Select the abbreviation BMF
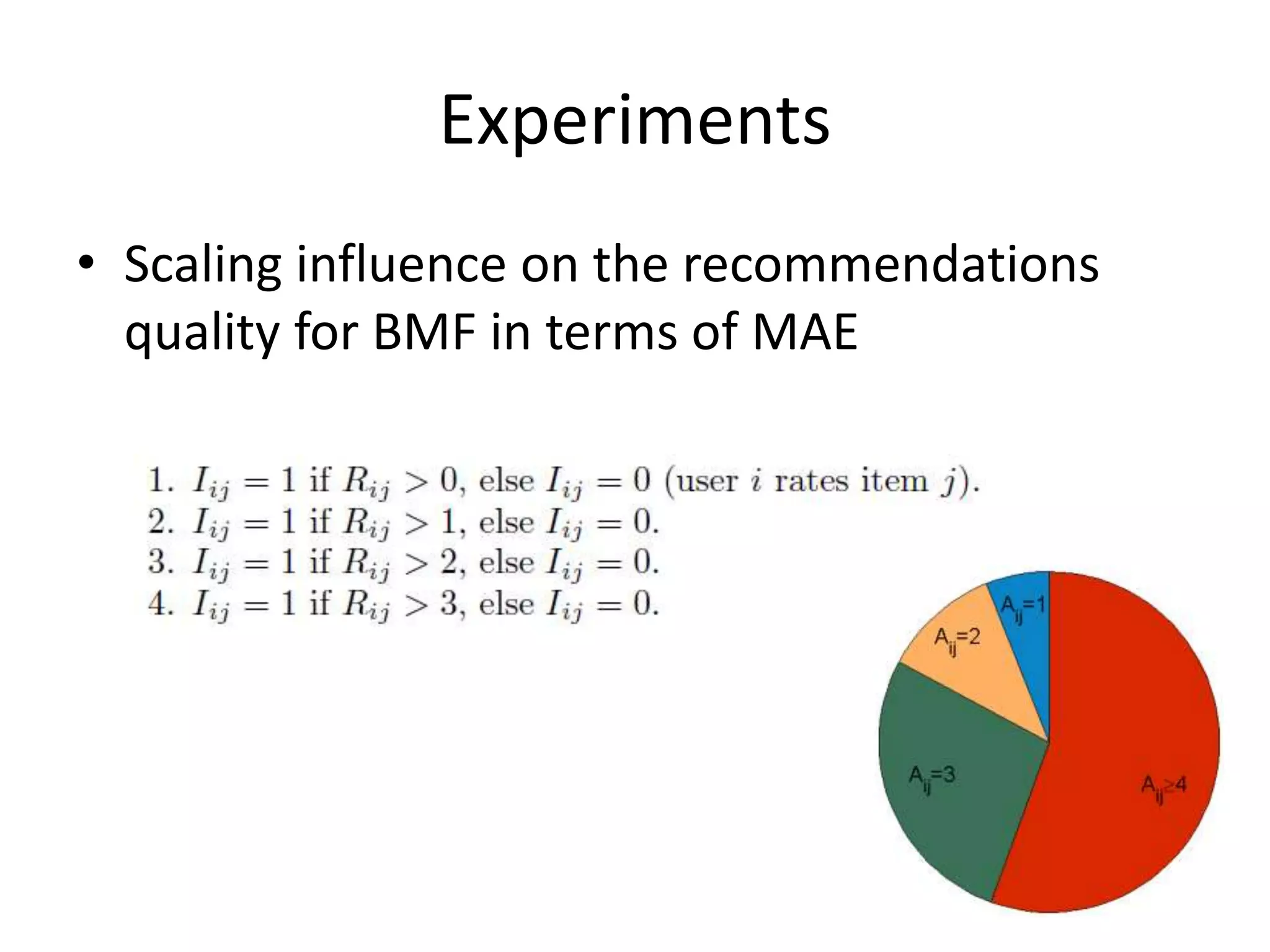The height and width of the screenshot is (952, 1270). pos(425,332)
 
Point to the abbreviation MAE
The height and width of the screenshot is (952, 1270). pos(804,332)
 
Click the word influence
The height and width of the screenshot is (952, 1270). pos(401,264)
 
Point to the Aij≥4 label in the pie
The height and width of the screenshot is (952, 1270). pos(1163,787)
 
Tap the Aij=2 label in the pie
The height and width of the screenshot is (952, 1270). pos(957,639)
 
